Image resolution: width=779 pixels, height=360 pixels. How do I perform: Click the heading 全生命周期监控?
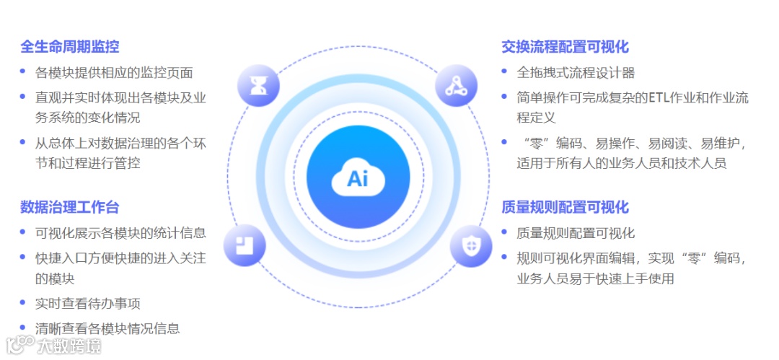tap(70, 47)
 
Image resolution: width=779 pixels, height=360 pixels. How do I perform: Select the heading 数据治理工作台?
tap(70, 208)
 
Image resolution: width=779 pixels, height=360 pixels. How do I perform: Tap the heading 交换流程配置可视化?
tap(565, 47)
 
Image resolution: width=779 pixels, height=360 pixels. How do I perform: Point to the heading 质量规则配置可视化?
tap(565, 208)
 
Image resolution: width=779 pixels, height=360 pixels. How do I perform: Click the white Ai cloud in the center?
tap(358, 177)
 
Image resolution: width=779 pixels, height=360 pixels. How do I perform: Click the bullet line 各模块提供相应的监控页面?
tap(114, 73)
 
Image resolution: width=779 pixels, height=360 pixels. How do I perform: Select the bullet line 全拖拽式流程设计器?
tap(576, 73)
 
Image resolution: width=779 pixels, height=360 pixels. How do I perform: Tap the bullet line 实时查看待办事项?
tap(88, 303)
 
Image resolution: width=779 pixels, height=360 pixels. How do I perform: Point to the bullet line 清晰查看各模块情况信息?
tap(107, 328)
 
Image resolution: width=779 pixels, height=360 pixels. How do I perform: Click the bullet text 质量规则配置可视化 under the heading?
tap(576, 233)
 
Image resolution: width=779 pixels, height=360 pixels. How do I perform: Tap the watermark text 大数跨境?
tap(69, 346)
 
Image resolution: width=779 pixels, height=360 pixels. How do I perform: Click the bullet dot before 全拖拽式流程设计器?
tap(504, 71)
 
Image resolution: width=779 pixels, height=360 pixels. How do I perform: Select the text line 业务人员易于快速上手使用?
tap(595, 278)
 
